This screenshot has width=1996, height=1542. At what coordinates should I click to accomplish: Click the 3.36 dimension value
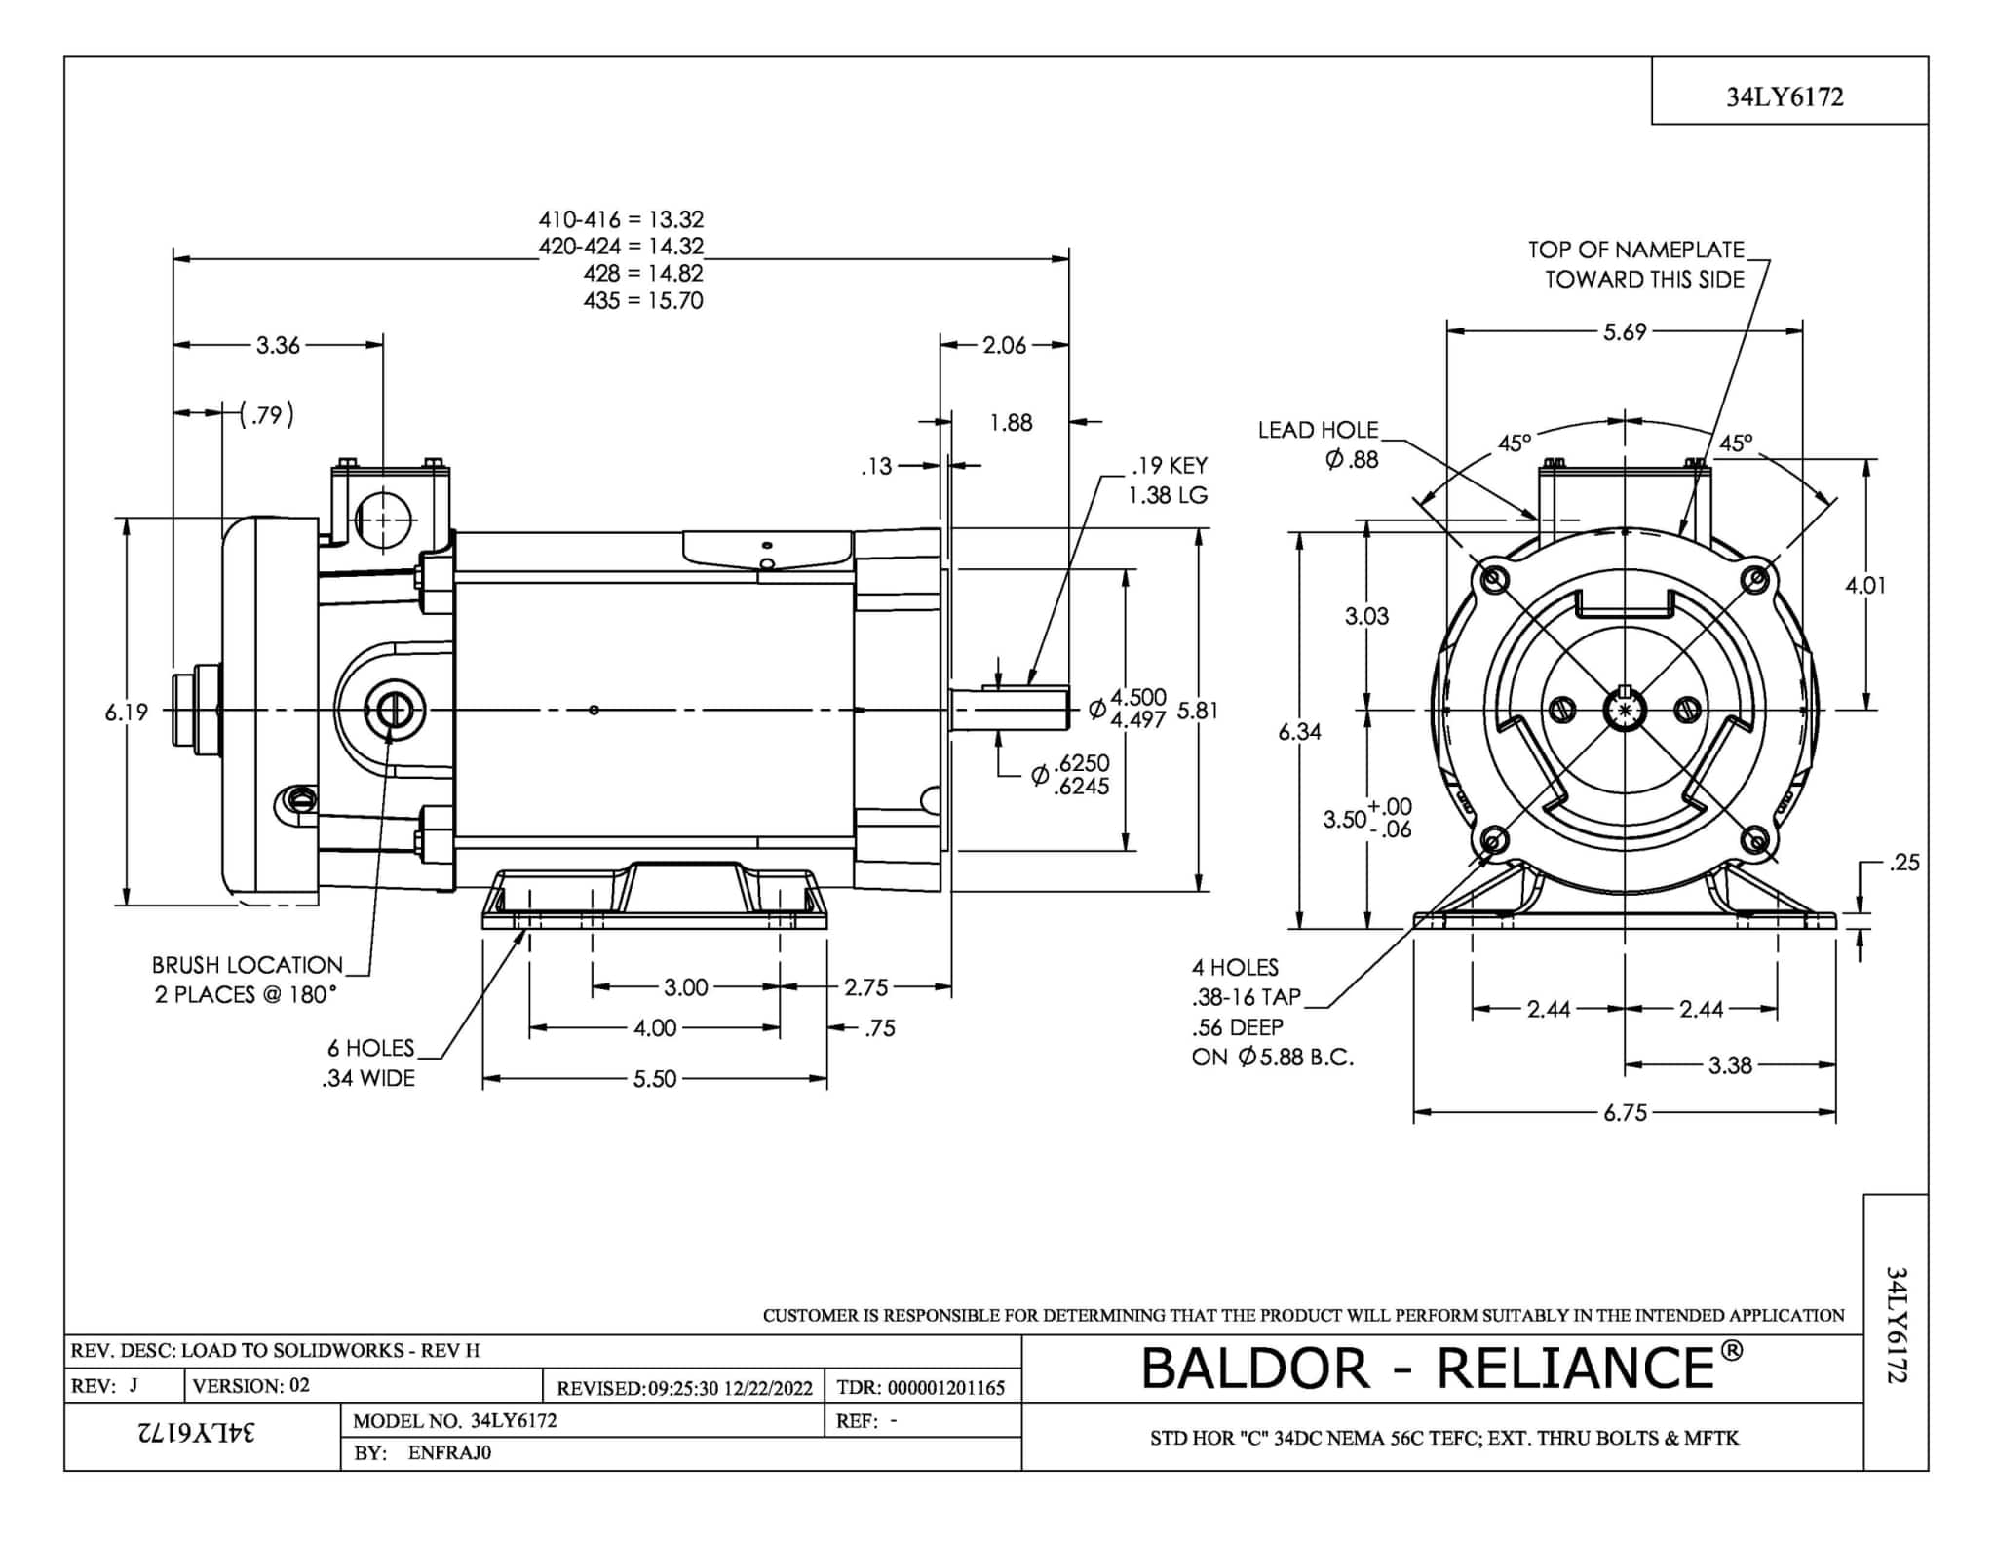[x=278, y=345]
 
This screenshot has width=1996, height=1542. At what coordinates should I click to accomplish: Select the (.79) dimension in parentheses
[x=266, y=415]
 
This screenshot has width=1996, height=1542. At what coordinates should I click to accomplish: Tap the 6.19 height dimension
[x=127, y=713]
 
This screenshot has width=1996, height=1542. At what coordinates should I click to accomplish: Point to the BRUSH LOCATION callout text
[x=247, y=965]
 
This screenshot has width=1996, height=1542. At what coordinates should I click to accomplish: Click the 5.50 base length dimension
[x=654, y=1079]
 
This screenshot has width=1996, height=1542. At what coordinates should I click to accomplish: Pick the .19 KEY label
[x=1170, y=466]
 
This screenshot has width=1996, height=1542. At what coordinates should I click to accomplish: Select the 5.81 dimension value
[x=1198, y=711]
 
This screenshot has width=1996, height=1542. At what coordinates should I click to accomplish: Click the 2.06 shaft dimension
[x=1004, y=345]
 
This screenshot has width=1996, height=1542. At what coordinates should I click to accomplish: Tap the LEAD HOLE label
[x=1318, y=430]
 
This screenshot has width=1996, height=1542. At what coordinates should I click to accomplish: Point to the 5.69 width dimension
[x=1625, y=332]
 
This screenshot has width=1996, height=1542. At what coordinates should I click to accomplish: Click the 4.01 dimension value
[x=1865, y=586]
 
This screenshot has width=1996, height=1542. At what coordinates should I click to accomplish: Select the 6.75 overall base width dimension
[x=1625, y=1113]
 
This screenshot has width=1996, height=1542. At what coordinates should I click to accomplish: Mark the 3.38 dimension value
[x=1730, y=1065]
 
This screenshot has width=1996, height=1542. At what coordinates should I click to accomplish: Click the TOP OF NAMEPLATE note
[x=1635, y=250]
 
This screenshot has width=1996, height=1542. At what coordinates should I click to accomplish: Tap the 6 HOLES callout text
[x=370, y=1048]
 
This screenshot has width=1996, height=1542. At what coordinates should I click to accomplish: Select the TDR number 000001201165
[x=945, y=1387]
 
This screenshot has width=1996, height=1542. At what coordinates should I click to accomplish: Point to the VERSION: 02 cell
[x=251, y=1385]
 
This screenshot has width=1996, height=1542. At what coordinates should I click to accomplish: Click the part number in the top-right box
[x=1785, y=96]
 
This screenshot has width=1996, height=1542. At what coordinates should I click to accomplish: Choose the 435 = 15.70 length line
[x=643, y=300]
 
